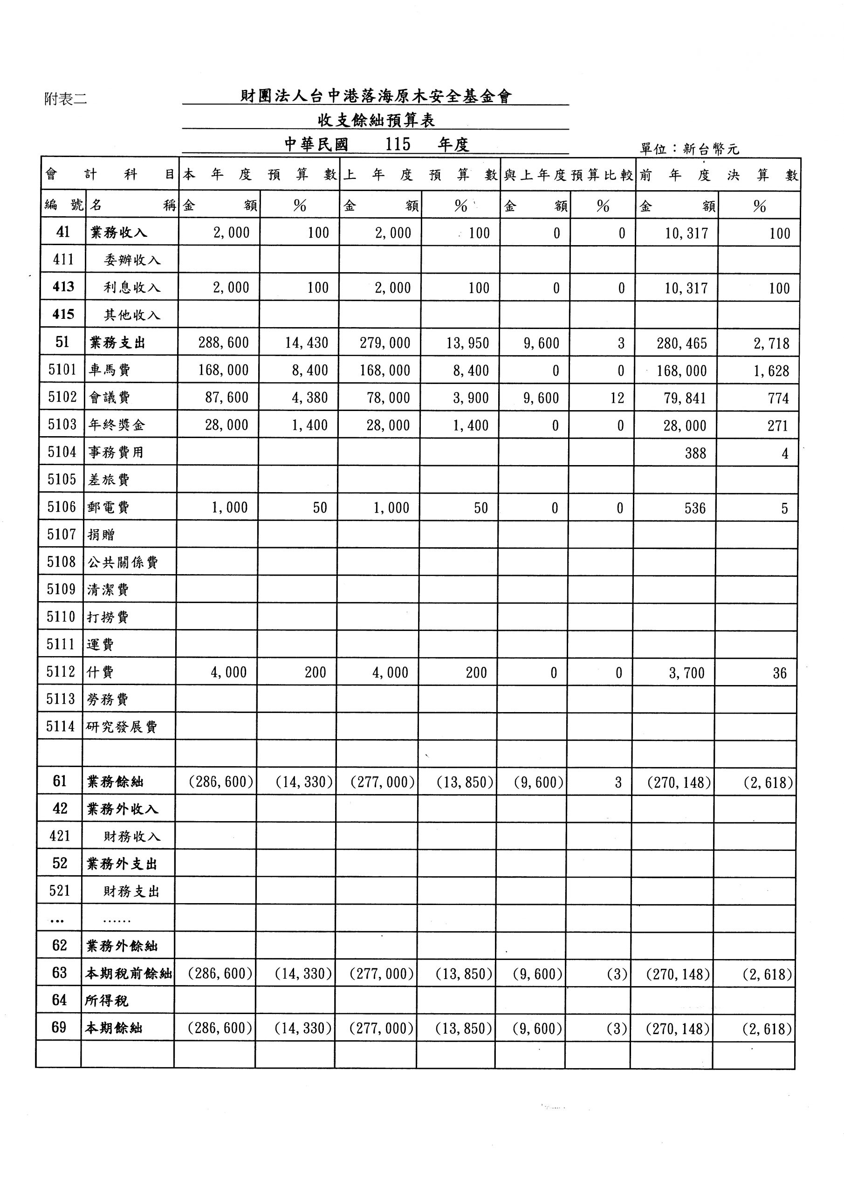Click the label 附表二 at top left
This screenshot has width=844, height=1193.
(66, 99)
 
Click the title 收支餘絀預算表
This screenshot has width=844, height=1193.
(376, 121)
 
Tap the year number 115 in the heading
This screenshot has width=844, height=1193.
(398, 144)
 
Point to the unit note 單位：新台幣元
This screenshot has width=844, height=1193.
(689, 149)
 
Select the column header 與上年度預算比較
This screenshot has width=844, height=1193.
(568, 175)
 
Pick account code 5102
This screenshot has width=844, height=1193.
(62, 398)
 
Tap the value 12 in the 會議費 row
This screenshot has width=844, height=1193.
(617, 398)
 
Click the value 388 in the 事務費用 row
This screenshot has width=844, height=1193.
(695, 453)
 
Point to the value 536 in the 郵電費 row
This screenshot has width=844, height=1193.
(695, 508)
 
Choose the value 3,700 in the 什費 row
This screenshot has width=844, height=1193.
(686, 673)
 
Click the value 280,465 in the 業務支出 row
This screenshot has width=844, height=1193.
(682, 343)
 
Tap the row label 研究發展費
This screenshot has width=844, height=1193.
(122, 727)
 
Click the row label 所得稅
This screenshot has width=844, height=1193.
(107, 1001)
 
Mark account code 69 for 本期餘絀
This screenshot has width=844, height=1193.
(59, 1028)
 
